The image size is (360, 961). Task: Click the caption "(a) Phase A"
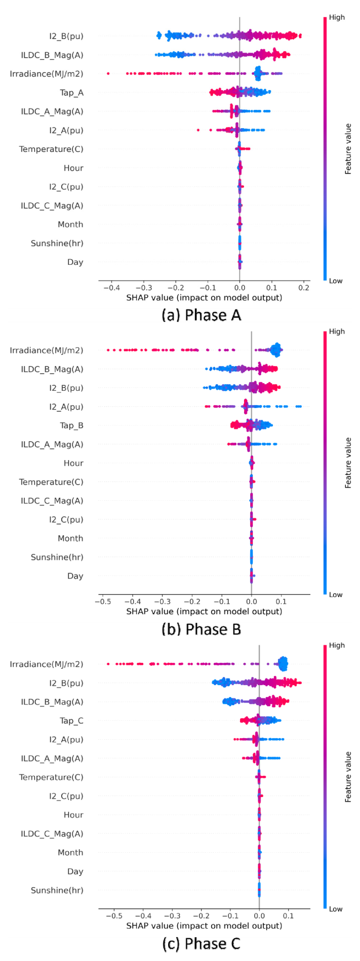coord(201,315)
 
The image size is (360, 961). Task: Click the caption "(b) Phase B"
coord(201,629)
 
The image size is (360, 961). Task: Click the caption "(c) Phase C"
coord(201,943)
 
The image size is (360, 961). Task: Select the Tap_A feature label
coord(71,93)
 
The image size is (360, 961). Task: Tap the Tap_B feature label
coord(71,425)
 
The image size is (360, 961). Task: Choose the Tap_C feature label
coord(71,720)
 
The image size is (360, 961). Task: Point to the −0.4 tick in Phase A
coord(111,288)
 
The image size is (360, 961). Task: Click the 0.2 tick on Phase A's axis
coord(304,288)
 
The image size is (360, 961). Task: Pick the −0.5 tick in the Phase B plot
coord(102,602)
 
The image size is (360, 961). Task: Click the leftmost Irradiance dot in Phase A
coord(108,74)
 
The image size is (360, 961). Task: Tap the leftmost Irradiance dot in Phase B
coord(108,350)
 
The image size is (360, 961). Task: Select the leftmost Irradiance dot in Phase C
coord(108,664)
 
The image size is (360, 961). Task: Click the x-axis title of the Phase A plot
coord(204,298)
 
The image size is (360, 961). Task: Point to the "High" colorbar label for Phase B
coord(337,332)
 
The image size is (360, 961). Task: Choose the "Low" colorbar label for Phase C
coord(336,909)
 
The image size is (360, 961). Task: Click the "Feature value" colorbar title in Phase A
coord(348,149)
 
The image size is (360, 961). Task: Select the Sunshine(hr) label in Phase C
coord(57,890)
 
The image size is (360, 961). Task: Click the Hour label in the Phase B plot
coord(73,463)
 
